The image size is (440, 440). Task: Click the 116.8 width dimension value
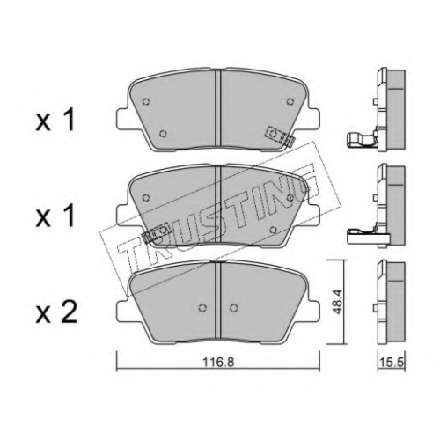pyautogui.click(x=219, y=363)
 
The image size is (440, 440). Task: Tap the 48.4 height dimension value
pyautogui.click(x=337, y=302)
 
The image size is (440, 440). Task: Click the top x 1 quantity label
pyautogui.click(x=55, y=121)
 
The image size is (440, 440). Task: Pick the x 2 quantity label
pyautogui.click(x=56, y=313)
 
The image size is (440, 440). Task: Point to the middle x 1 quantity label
pyautogui.click(x=55, y=217)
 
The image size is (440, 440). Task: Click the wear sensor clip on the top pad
pyautogui.click(x=280, y=136)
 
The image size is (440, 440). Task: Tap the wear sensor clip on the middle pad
pyautogui.click(x=156, y=233)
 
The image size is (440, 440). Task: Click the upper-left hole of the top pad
pyautogui.click(x=146, y=101)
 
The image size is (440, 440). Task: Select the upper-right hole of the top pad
pyautogui.click(x=290, y=101)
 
